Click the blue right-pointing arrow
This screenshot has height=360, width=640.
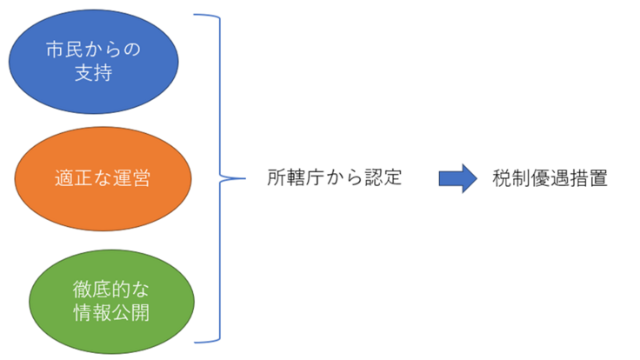[457, 178]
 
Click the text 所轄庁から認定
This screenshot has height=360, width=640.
[335, 178]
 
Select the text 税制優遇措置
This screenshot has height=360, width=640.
[550, 178]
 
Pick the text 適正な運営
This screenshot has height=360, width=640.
[102, 178]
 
